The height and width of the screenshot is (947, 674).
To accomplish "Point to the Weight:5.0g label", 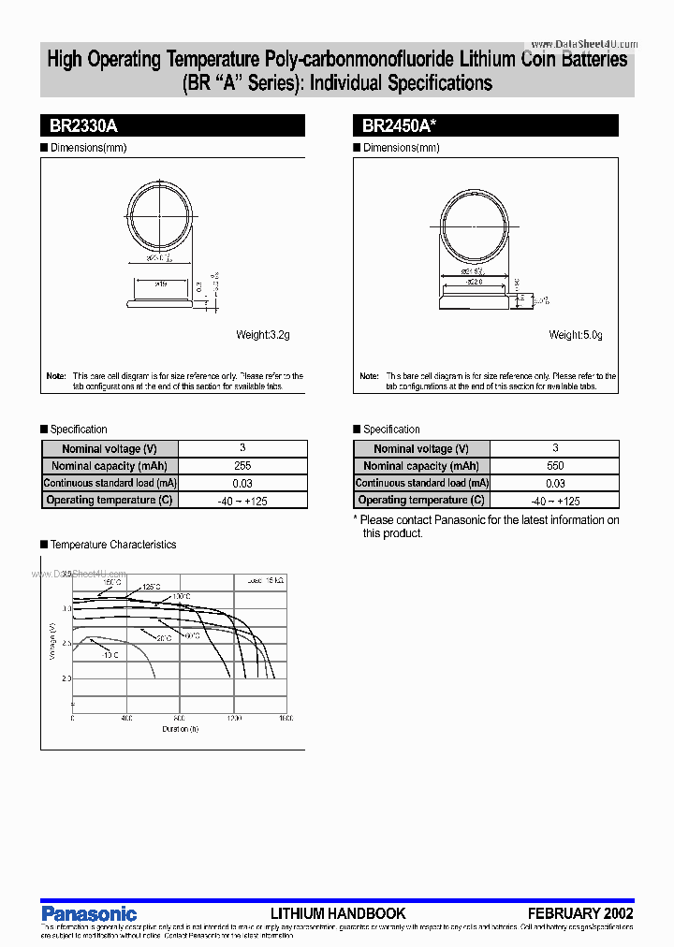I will pyautogui.click(x=576, y=335).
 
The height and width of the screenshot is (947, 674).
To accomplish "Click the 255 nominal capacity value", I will pyautogui.click(x=242, y=466).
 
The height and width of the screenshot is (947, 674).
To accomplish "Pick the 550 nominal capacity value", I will pyautogui.click(x=555, y=466).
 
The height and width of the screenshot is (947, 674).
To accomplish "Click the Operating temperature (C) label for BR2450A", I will pyautogui.click(x=422, y=500).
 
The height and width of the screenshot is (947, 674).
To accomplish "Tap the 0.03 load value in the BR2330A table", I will pyautogui.click(x=242, y=483).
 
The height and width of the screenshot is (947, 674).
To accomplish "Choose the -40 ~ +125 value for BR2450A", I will pyautogui.click(x=555, y=500).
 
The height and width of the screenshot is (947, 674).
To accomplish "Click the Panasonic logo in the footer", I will pyautogui.click(x=89, y=913).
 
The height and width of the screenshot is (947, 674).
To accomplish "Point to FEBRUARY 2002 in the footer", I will pyautogui.click(x=580, y=913).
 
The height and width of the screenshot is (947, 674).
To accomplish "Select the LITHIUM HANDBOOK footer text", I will pyautogui.click(x=338, y=913).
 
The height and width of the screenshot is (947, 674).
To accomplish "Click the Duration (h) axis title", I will pyautogui.click(x=180, y=728).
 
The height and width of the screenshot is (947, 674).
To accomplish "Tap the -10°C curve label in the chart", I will pyautogui.click(x=110, y=654).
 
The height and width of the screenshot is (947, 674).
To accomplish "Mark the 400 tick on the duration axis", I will pyautogui.click(x=126, y=718).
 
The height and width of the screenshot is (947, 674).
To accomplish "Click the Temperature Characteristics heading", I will pyautogui.click(x=112, y=545).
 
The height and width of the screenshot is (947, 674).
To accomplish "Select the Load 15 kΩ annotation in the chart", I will pyautogui.click(x=266, y=581).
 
